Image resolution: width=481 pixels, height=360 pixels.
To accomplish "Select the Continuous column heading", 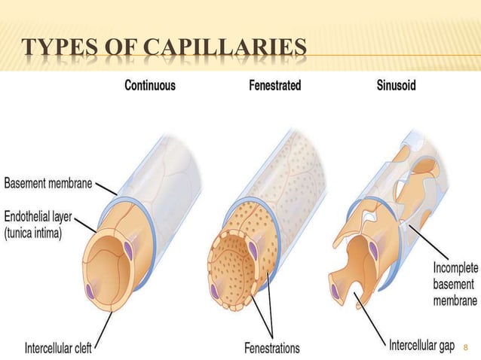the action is [x=149, y=86].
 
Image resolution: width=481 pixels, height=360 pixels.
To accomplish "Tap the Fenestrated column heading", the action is [x=274, y=86].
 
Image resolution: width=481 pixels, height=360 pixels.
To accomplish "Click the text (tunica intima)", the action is [x=38, y=231].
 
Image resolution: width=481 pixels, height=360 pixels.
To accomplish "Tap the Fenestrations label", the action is [x=271, y=348].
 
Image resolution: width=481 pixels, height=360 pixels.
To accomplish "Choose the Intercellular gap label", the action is [x=421, y=346].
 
